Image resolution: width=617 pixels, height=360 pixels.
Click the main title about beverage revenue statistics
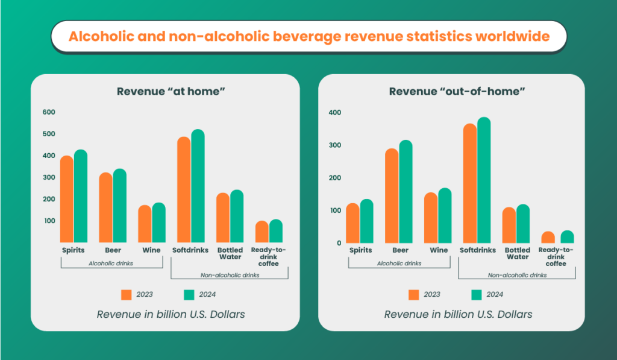click(x=308, y=36)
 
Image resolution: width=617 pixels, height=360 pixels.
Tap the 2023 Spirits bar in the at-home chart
click(x=66, y=199)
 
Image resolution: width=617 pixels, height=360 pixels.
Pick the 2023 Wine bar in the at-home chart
click(x=145, y=224)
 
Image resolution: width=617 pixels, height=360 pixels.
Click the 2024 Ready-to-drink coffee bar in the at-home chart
click(x=276, y=231)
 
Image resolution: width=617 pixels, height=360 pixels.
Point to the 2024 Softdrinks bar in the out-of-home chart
click(x=484, y=181)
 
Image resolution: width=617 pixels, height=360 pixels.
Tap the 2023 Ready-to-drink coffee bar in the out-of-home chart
click(x=548, y=238)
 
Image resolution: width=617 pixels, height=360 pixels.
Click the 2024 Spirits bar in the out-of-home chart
click(x=367, y=221)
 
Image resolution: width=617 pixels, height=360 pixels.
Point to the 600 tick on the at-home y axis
click(x=49, y=112)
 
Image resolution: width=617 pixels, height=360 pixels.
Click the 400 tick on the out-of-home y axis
click(x=334, y=113)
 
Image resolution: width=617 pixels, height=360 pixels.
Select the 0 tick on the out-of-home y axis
click(x=339, y=243)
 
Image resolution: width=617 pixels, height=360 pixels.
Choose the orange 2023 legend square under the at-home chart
click(x=127, y=295)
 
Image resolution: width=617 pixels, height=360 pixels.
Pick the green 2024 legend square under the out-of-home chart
click(x=477, y=295)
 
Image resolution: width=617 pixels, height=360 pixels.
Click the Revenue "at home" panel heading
click(x=166, y=92)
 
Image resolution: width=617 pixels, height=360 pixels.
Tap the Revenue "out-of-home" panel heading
click(x=457, y=92)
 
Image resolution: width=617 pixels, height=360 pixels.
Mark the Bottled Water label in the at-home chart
click(x=230, y=253)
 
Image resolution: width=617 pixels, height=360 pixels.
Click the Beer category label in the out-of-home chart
click(x=400, y=250)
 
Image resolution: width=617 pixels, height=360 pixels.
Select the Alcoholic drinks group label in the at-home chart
click(x=111, y=264)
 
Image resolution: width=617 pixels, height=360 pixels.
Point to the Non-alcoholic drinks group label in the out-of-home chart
click(x=516, y=275)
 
